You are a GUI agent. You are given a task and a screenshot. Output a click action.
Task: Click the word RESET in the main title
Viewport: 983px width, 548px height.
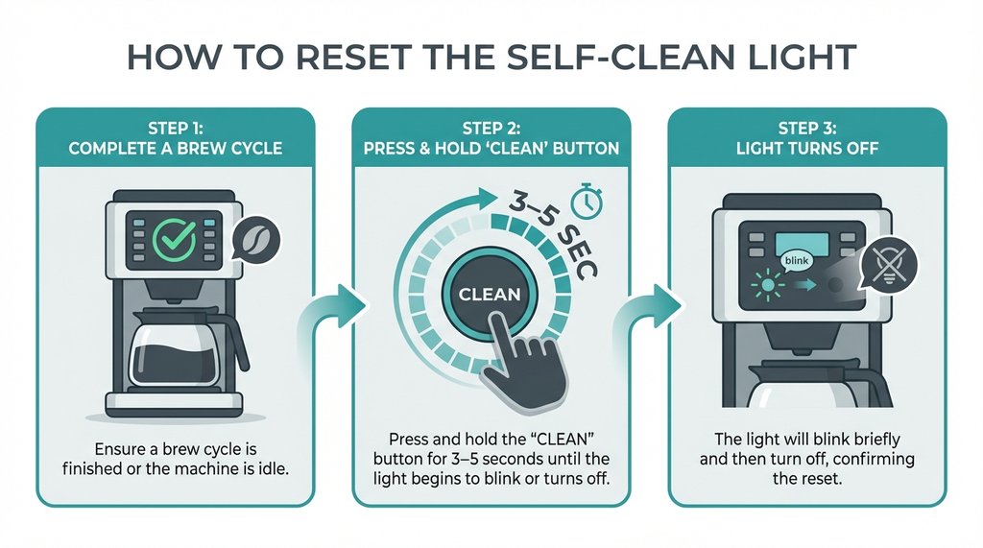[x=364, y=57]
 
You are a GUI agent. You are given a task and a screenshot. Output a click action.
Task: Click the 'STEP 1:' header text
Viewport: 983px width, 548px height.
[x=175, y=128]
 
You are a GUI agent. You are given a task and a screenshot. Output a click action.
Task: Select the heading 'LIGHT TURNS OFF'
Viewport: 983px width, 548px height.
[x=806, y=150]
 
